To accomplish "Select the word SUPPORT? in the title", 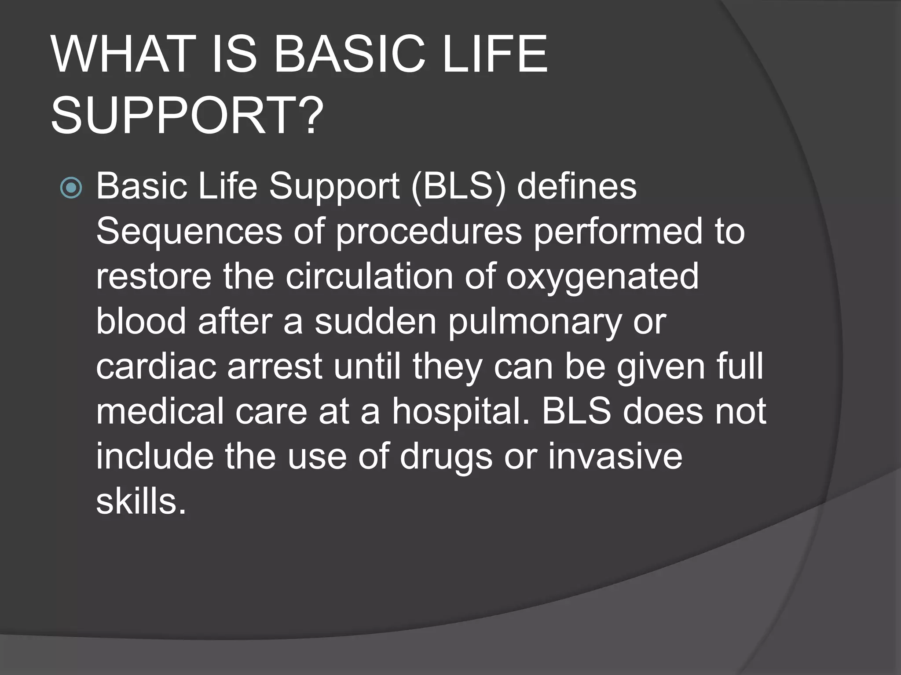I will [187, 116].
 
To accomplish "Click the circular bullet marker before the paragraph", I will [71, 188].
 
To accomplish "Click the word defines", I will [576, 186].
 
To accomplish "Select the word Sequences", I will [189, 232].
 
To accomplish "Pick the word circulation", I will [369, 276].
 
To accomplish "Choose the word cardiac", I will [156, 367].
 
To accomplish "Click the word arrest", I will [275, 367].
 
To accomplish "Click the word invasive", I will [615, 457].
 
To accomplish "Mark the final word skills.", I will [141, 501].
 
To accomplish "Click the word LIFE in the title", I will [495, 54].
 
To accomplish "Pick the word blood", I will [141, 322].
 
